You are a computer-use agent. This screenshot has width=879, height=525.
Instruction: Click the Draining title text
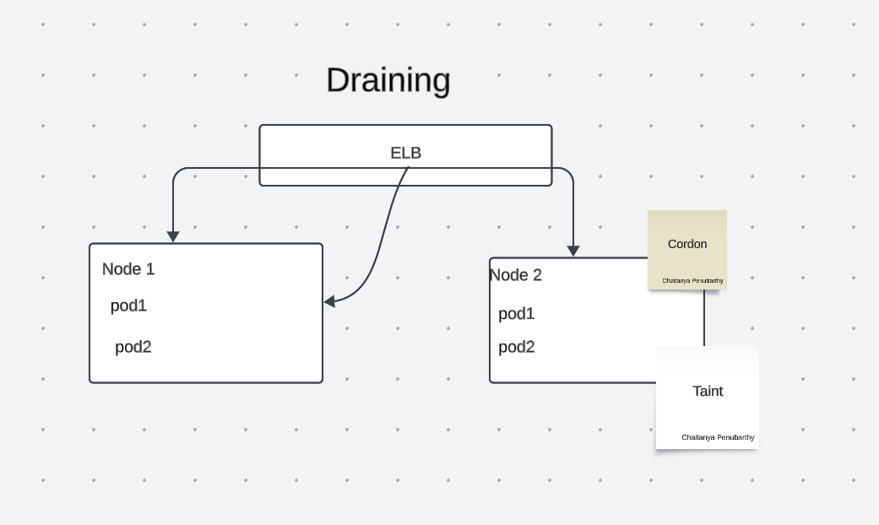[388, 80]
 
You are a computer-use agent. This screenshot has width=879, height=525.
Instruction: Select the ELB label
[405, 153]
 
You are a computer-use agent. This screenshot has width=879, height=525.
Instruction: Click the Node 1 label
[128, 269]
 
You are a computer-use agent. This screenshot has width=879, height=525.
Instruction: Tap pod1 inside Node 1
[128, 306]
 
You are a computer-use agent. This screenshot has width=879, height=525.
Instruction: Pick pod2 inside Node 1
[133, 347]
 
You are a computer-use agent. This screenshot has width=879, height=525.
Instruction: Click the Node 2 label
[515, 275]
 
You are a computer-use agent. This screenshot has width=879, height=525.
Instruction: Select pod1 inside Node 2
[517, 314]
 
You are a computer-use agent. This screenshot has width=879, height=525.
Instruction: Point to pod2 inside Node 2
[517, 347]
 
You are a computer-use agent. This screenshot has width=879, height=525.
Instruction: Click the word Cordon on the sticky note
[687, 244]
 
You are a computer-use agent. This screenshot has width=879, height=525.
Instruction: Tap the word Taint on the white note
[708, 391]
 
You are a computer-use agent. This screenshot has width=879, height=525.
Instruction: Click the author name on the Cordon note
[692, 280]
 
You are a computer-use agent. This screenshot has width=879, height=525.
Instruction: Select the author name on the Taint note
[718, 437]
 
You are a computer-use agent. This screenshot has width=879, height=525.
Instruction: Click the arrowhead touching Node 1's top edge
[173, 237]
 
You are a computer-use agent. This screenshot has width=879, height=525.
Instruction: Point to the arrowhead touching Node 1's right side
[329, 301]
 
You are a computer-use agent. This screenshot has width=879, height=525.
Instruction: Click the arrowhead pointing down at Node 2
[573, 251]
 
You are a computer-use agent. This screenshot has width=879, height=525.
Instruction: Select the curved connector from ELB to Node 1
[384, 236]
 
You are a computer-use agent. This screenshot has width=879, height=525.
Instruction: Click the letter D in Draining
[338, 80]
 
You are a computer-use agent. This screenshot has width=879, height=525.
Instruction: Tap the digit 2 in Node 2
[537, 275]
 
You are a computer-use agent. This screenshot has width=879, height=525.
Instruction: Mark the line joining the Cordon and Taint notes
[704, 319]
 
